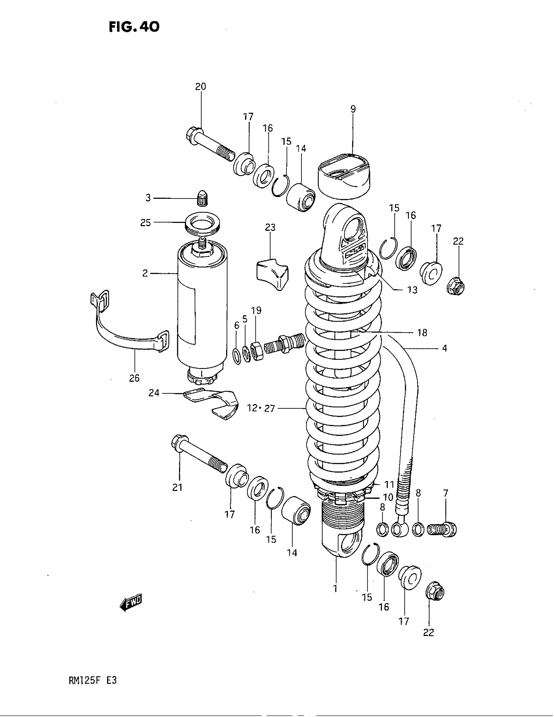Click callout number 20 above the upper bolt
200,87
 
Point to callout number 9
353,109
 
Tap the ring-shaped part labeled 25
202,225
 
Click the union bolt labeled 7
442,529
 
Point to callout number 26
134,378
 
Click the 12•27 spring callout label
261,409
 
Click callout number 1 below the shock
335,589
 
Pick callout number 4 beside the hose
445,348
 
